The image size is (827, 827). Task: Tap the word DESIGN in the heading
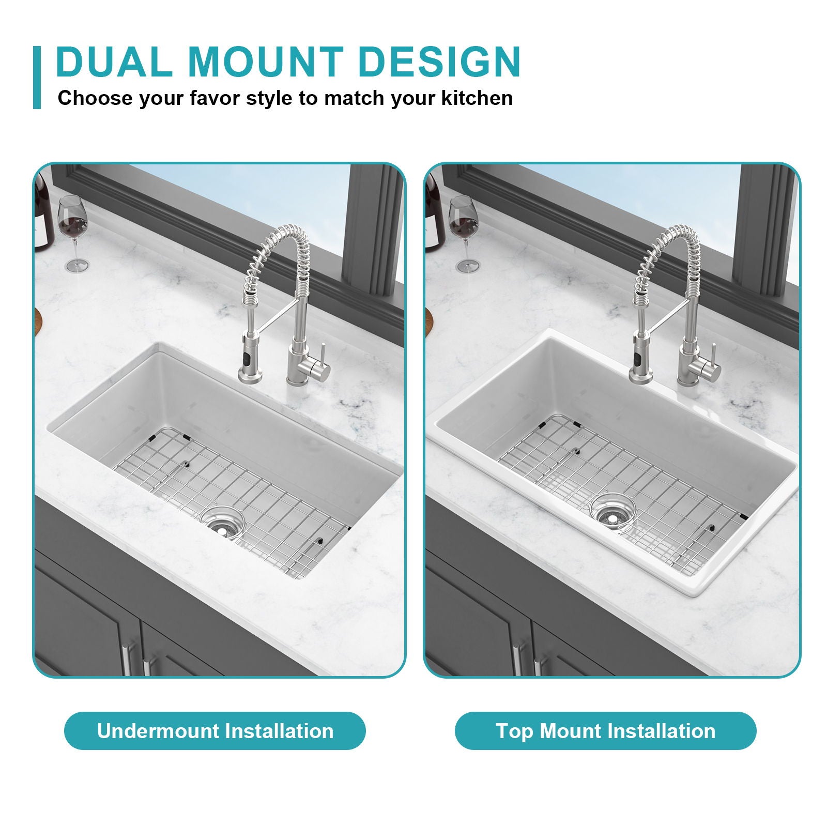(439, 62)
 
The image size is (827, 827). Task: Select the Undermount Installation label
(215, 731)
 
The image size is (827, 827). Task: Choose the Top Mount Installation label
(605, 731)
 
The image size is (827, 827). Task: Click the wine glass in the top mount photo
(464, 227)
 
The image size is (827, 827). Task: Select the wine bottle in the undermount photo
(44, 212)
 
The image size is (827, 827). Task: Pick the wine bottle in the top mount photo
(434, 212)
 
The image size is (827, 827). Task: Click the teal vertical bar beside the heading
(37, 78)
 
